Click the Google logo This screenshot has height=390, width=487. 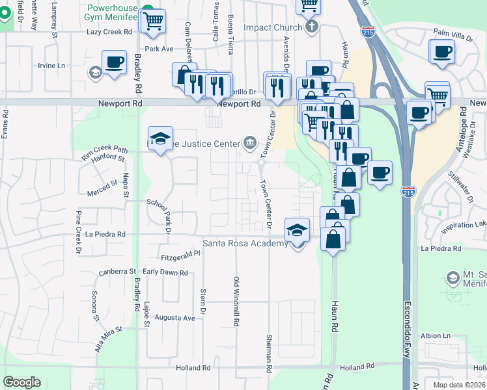[x=22, y=382]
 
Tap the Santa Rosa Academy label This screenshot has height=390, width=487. [x=245, y=244]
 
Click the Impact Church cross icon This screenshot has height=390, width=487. [x=312, y=27]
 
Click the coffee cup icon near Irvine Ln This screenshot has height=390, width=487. [x=114, y=62]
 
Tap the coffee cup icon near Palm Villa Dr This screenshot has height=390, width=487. [x=442, y=51]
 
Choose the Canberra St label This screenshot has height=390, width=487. [x=117, y=272]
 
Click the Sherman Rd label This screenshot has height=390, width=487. [x=269, y=353]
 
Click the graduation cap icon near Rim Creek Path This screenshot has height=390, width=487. [x=160, y=138]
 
